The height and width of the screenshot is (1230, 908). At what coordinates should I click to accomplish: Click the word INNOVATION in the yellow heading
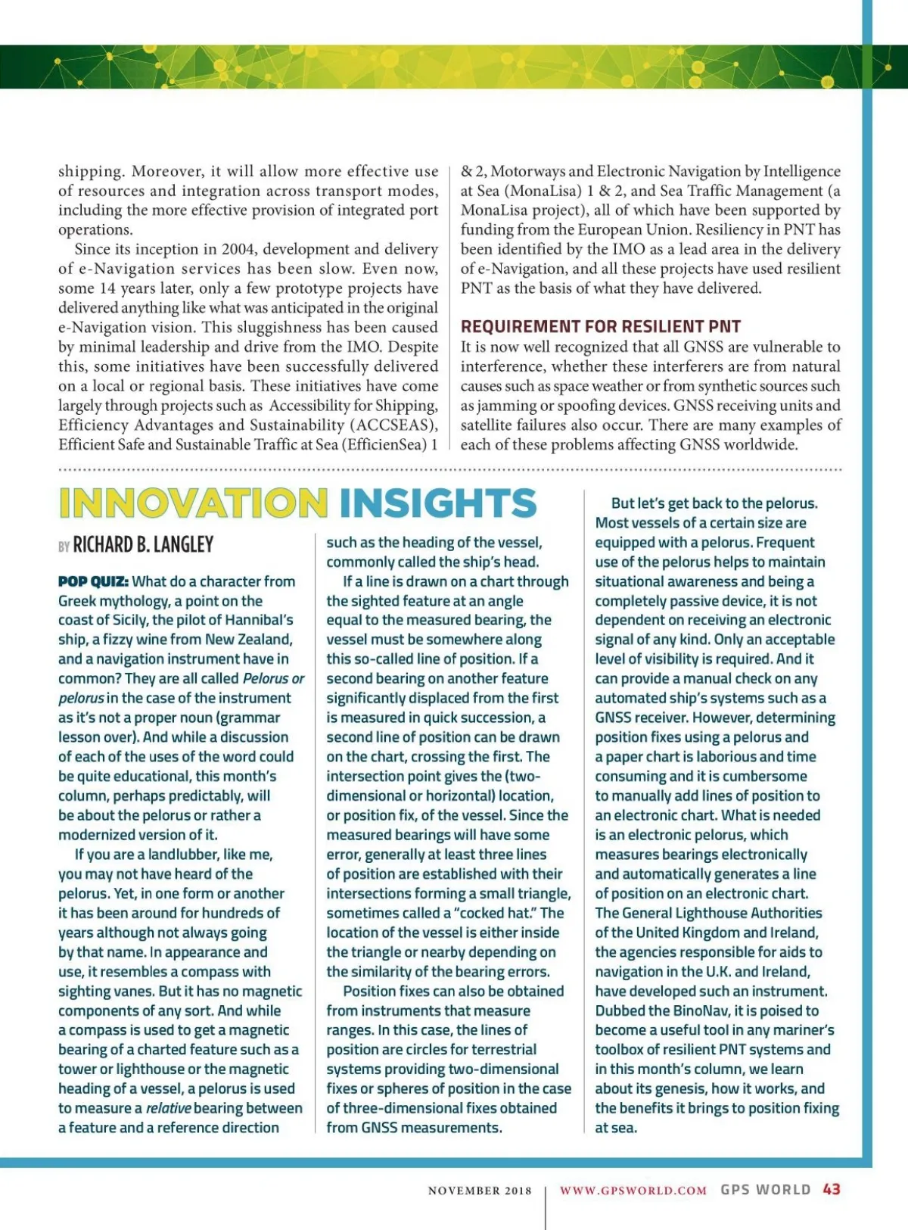pyautogui.click(x=193, y=503)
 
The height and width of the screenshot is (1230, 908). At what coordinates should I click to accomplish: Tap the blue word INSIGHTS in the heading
pyautogui.click(x=438, y=503)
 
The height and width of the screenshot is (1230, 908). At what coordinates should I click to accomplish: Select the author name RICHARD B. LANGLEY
pyautogui.click(x=143, y=544)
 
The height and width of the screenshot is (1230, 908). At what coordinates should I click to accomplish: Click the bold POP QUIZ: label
pyautogui.click(x=93, y=581)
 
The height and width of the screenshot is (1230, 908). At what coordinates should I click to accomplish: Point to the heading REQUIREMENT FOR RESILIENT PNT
pyautogui.click(x=601, y=326)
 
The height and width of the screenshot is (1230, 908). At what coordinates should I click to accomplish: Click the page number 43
pyautogui.click(x=832, y=1189)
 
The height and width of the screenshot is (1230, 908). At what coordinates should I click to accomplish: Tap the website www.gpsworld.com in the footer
pyautogui.click(x=633, y=1190)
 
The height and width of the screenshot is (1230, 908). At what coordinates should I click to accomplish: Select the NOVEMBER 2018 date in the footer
pyautogui.click(x=480, y=1191)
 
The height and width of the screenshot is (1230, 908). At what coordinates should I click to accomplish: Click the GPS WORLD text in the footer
pyautogui.click(x=765, y=1189)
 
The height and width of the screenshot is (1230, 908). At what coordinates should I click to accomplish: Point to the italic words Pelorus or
pyautogui.click(x=273, y=678)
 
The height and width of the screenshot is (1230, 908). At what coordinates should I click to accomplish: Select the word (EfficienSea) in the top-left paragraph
pyautogui.click(x=384, y=444)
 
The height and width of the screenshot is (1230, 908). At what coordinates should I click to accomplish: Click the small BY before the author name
pyautogui.click(x=64, y=546)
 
